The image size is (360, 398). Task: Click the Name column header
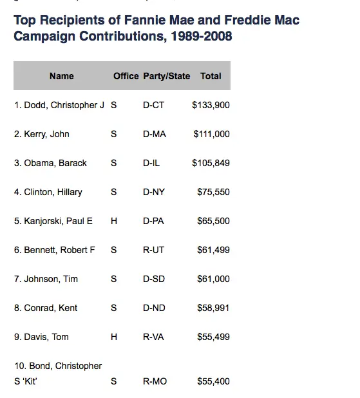(x=62, y=76)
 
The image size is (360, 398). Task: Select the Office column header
(x=126, y=76)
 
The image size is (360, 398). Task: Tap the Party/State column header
(x=167, y=76)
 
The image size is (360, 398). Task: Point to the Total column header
(x=211, y=76)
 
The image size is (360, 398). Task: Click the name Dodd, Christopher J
(x=59, y=105)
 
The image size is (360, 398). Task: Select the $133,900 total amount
(x=211, y=105)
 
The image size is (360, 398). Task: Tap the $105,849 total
(x=211, y=163)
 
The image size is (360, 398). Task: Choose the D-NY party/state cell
(x=155, y=192)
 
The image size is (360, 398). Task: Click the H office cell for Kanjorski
(x=114, y=221)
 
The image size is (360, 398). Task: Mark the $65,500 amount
(x=213, y=221)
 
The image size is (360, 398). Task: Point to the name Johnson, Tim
(x=46, y=279)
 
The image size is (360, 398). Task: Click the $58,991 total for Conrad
(x=213, y=308)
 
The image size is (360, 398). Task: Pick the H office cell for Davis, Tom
(x=114, y=337)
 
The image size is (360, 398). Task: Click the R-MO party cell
(x=155, y=382)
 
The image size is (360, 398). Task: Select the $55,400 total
(x=213, y=382)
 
